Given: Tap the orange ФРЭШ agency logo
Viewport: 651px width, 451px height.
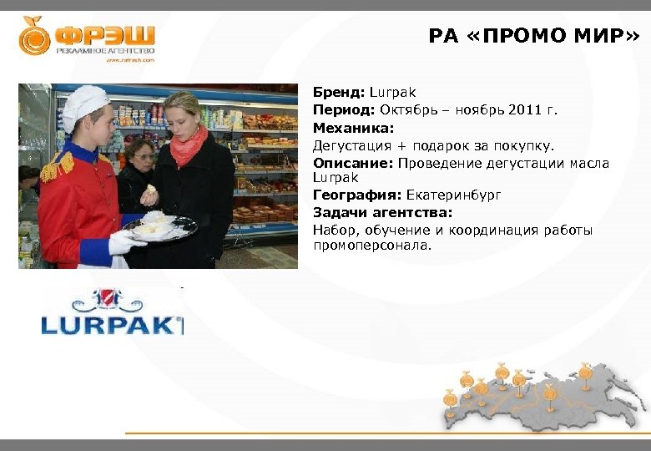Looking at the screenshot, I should pos(87,38).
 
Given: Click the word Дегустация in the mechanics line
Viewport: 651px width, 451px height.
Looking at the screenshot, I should pos(347,146).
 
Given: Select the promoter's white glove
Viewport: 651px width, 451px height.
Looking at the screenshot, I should pos(124,243).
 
